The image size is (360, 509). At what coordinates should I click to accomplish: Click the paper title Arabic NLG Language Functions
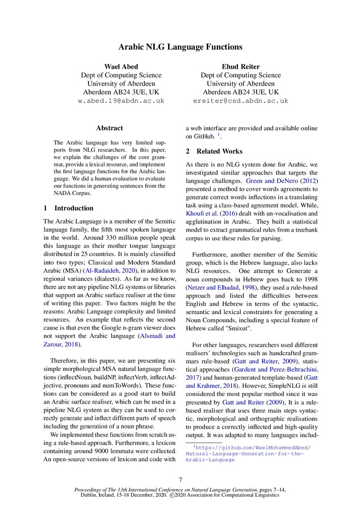click(x=180, y=47)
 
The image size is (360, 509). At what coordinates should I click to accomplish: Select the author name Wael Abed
click(x=121, y=67)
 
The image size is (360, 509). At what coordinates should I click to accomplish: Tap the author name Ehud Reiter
click(x=240, y=67)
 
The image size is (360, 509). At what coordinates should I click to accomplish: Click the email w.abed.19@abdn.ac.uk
click(x=121, y=101)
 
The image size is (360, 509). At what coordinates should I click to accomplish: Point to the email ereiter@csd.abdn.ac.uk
click(x=240, y=101)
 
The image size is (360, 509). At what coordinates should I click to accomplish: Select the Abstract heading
click(x=109, y=128)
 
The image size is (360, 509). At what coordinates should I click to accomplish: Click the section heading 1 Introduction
click(x=68, y=208)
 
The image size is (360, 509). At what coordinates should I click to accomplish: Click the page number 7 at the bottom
click(x=180, y=479)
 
